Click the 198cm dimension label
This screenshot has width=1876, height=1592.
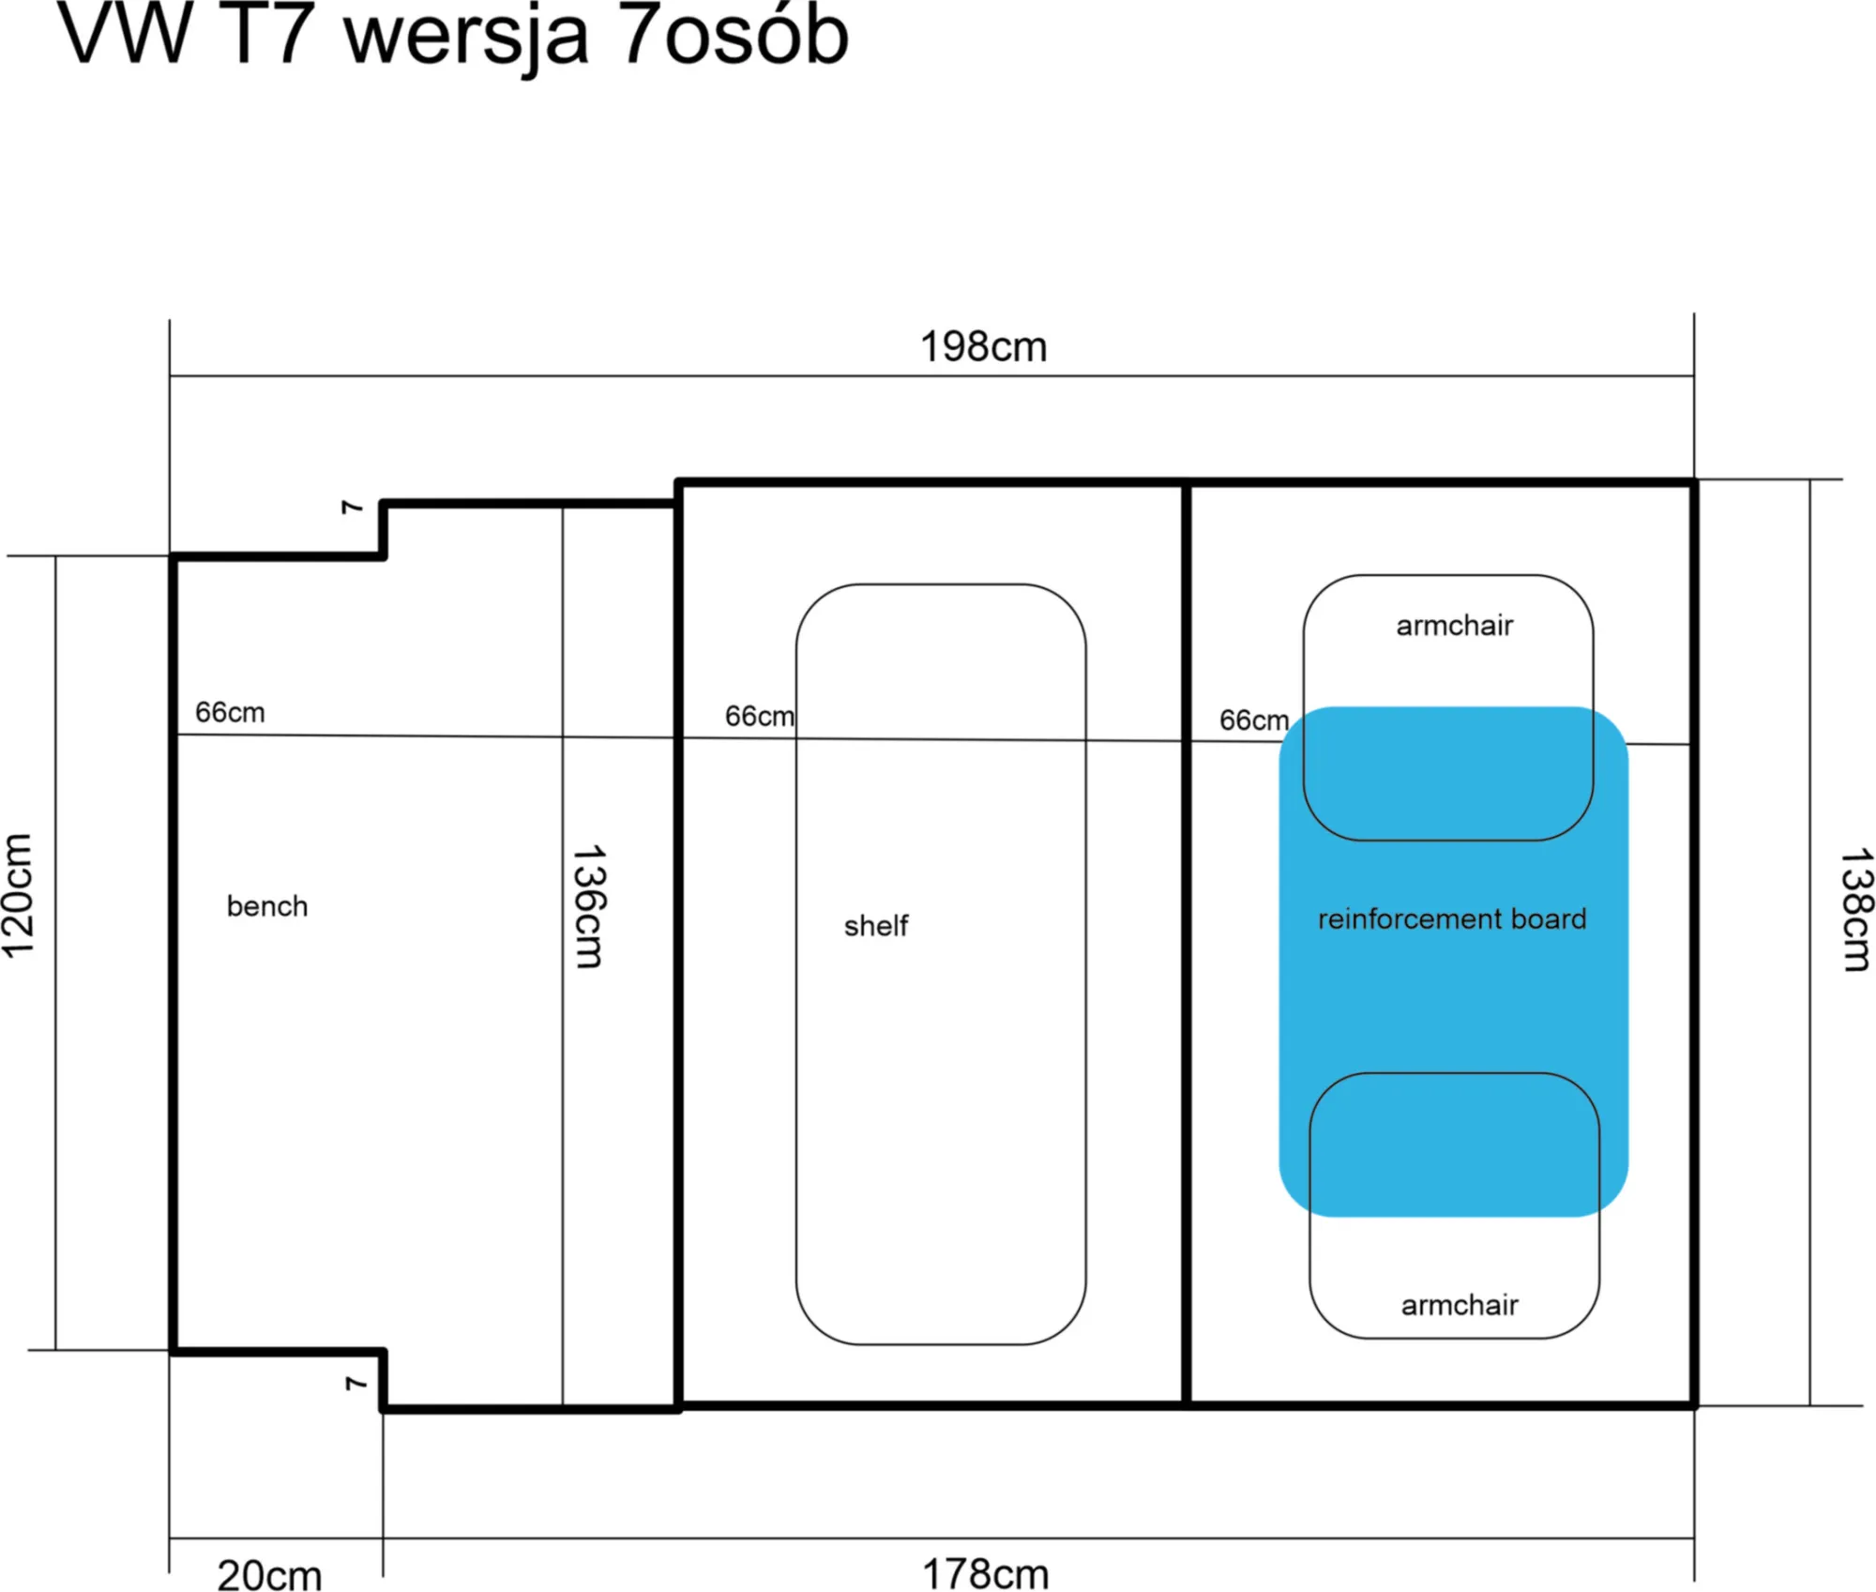(983, 347)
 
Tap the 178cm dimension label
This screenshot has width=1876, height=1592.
(986, 1574)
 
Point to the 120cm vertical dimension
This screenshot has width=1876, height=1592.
(19, 896)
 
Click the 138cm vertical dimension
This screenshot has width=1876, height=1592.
(1856, 910)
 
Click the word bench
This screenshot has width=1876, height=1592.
(267, 906)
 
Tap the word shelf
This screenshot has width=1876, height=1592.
(876, 926)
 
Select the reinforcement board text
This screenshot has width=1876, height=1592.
(1452, 918)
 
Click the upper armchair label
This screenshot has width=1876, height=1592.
(1455, 626)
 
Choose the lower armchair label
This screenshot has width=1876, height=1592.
(1460, 1305)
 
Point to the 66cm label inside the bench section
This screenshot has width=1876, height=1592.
(230, 713)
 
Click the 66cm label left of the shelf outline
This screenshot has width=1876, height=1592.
(760, 717)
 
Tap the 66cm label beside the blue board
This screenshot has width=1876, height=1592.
(1254, 720)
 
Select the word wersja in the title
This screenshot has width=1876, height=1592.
(466, 42)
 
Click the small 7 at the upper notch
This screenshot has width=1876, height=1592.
(352, 508)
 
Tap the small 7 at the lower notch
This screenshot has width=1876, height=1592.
(355, 1384)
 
